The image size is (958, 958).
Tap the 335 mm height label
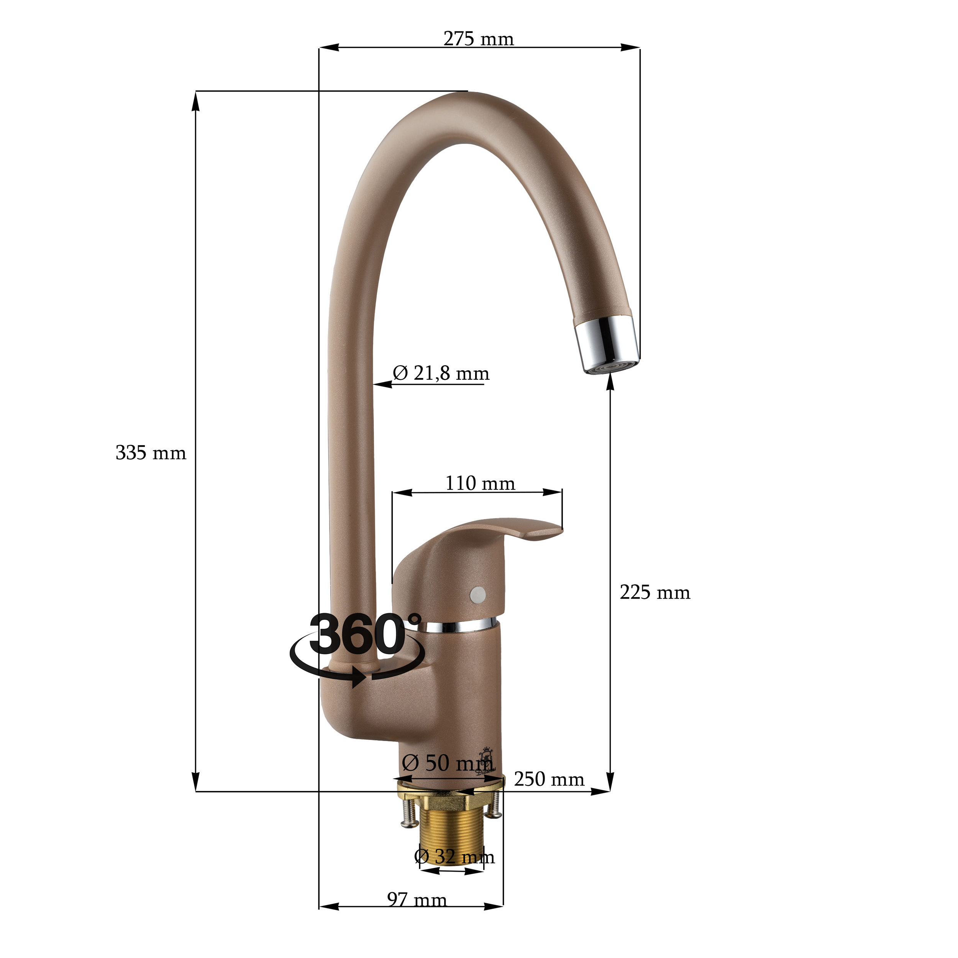150,453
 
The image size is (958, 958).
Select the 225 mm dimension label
655,592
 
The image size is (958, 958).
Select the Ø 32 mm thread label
454,856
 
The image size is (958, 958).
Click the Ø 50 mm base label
447,763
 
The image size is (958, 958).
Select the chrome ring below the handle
459,626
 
